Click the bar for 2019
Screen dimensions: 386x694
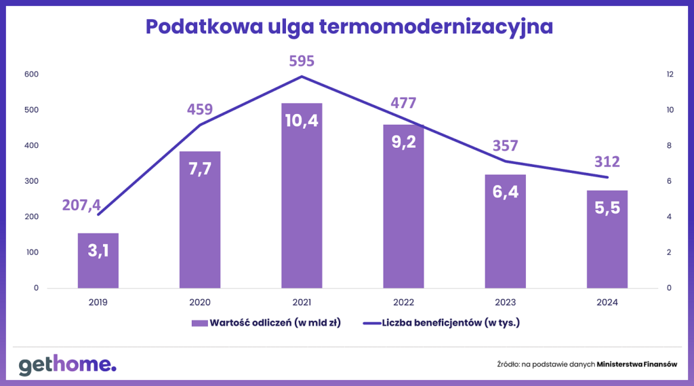(98, 261)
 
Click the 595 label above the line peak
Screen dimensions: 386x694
(302, 61)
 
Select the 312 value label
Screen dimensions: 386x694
(607, 162)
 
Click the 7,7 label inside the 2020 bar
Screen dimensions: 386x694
(200, 168)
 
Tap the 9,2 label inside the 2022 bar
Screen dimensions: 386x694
(403, 142)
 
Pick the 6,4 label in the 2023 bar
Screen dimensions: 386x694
(505, 192)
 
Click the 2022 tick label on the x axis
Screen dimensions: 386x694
(403, 303)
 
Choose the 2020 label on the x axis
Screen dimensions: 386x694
(200, 303)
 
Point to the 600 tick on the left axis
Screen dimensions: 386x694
(31, 75)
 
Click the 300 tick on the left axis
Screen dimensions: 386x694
(31, 181)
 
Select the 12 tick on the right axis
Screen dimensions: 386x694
(651, 75)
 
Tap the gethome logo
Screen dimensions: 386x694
(67, 364)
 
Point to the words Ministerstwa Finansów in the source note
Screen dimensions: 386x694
(637, 364)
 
